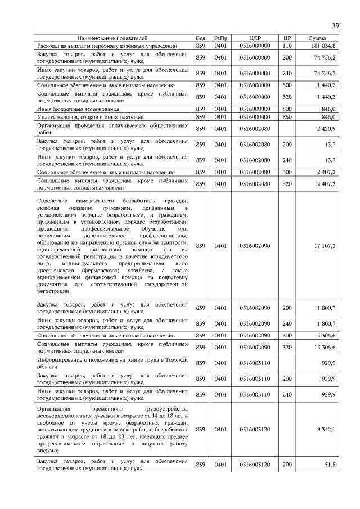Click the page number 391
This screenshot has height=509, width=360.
pyautogui.click(x=337, y=26)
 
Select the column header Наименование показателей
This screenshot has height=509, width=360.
pyautogui.click(x=112, y=38)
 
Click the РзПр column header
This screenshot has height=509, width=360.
pyautogui.click(x=220, y=38)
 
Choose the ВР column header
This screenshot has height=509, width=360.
pyautogui.click(x=287, y=38)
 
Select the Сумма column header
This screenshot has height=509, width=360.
pyautogui.click(x=318, y=38)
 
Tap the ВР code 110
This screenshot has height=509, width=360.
pyautogui.click(x=287, y=45)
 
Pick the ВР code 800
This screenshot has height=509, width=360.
pyautogui.click(x=287, y=108)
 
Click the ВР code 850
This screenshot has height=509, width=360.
pyautogui.click(x=287, y=116)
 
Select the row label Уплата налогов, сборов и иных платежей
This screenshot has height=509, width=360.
pyautogui.click(x=85, y=116)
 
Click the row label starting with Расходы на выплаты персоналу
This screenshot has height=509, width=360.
pyautogui.click(x=107, y=45)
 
